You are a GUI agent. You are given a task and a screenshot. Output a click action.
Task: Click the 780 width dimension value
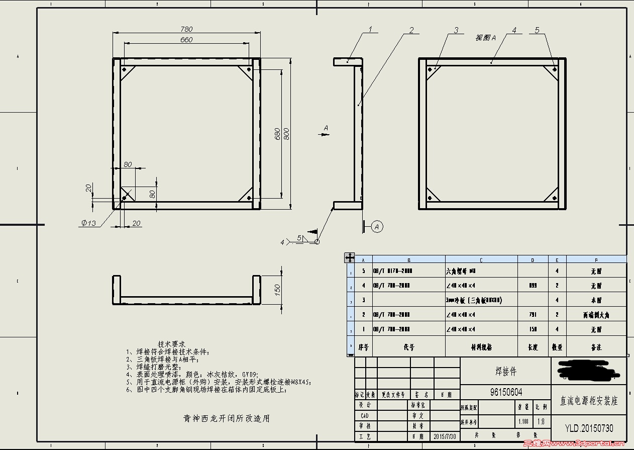pos(186,29)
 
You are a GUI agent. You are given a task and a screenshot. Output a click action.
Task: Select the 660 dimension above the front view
pos(186,40)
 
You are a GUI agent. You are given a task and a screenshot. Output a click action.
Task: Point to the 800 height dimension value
pos(286,134)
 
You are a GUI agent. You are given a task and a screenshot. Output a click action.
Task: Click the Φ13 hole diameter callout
pos(88,223)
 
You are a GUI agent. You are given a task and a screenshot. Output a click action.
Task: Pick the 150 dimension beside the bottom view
pos(277,290)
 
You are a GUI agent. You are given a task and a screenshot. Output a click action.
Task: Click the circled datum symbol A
pos(377,227)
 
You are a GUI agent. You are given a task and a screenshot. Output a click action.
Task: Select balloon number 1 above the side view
pos(370,29)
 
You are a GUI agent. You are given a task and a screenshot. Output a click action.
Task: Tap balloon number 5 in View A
pos(537,30)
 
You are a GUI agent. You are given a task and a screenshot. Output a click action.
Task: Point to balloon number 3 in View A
pos(456,30)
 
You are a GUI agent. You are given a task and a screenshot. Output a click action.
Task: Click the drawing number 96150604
pos(506,392)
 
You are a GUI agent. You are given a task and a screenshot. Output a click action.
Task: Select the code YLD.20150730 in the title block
pos(589,428)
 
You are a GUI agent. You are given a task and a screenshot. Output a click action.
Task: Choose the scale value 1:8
pos(541,422)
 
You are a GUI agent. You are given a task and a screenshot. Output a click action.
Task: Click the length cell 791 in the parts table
pos(533,315)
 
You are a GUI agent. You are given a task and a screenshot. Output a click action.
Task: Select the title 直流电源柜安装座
pos(589,401)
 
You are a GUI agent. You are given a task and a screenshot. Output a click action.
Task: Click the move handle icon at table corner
pos(349,257)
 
